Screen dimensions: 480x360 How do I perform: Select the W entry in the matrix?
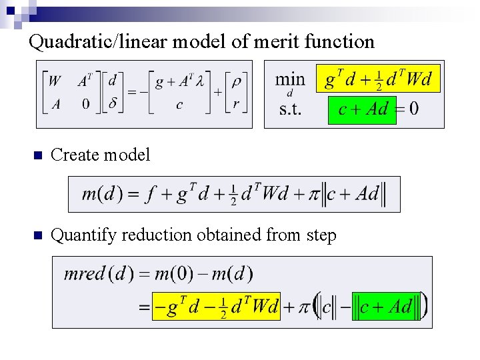pos(55,81)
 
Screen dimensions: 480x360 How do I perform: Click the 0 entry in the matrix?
pos(86,104)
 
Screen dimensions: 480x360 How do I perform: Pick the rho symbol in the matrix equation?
pos(236,81)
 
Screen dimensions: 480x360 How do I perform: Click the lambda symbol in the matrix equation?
pos(199,81)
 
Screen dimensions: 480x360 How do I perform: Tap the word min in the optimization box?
pos(290,79)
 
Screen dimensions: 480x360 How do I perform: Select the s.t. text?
pos(290,109)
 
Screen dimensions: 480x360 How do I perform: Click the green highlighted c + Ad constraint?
pos(362,109)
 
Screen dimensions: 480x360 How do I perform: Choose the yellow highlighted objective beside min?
pos(378,80)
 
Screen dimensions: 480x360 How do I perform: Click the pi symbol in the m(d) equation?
pos(314,195)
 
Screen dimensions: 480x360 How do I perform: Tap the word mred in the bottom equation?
pos(85,273)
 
